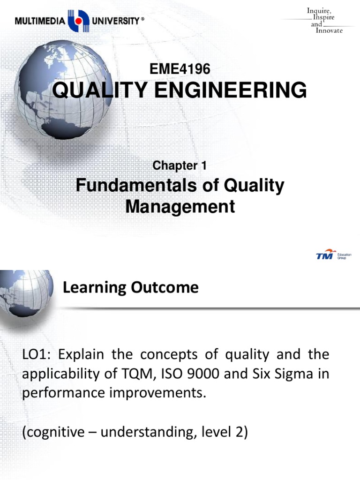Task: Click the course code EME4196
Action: tap(180, 69)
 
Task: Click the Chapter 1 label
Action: tap(180, 165)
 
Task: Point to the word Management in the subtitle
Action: tap(180, 206)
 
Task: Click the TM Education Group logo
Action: tap(333, 256)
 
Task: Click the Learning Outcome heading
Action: tap(131, 287)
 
